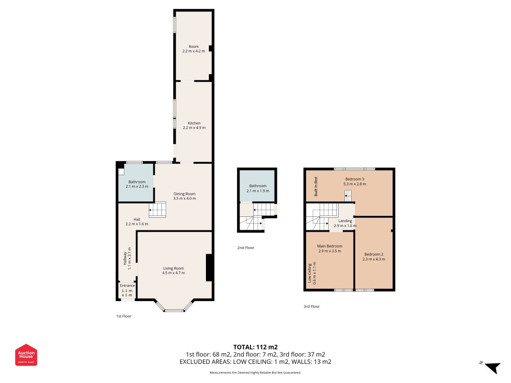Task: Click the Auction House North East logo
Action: click(x=26, y=355)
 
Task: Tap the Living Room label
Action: click(x=173, y=269)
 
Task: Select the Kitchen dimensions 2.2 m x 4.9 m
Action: click(x=194, y=128)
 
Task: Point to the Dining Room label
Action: click(x=184, y=194)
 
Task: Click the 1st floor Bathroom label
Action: click(x=137, y=182)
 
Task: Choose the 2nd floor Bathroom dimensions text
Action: click(x=258, y=191)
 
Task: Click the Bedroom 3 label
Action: click(x=354, y=179)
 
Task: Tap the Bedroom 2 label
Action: click(x=374, y=254)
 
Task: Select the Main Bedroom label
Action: click(x=330, y=246)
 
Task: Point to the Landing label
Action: click(x=345, y=221)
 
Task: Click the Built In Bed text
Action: click(x=316, y=187)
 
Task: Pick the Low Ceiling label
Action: click(x=310, y=272)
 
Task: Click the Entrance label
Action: click(x=127, y=286)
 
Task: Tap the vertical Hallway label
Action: click(x=125, y=259)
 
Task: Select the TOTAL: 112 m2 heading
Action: click(x=256, y=347)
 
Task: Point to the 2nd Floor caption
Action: click(x=246, y=248)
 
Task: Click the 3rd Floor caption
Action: click(x=312, y=306)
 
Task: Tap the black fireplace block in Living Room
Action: click(x=210, y=268)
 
